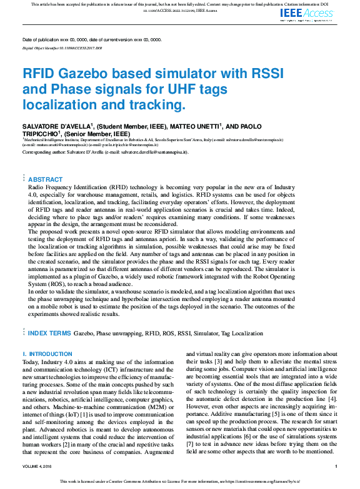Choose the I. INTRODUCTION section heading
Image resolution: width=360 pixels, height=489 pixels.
(x=47, y=354)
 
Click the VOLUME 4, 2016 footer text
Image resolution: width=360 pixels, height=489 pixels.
(x=38, y=467)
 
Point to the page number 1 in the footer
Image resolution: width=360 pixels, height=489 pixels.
(x=336, y=467)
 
